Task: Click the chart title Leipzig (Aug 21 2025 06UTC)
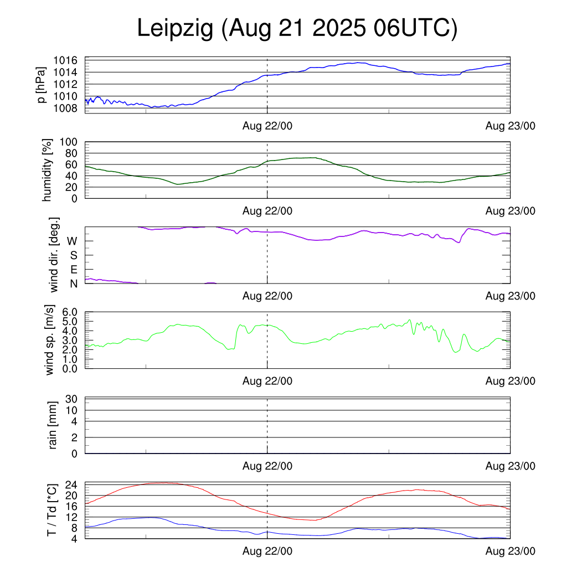click(297, 29)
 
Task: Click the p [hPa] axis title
click(40, 85)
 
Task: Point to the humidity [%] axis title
click(48, 170)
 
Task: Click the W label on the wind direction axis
click(72, 241)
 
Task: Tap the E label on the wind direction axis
click(74, 270)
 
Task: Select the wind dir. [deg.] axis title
click(54, 255)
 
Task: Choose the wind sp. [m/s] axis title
click(50, 340)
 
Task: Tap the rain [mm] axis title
click(53, 426)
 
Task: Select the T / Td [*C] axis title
click(51, 510)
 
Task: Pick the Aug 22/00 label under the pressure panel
click(267, 126)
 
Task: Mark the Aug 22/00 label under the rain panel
click(267, 466)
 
